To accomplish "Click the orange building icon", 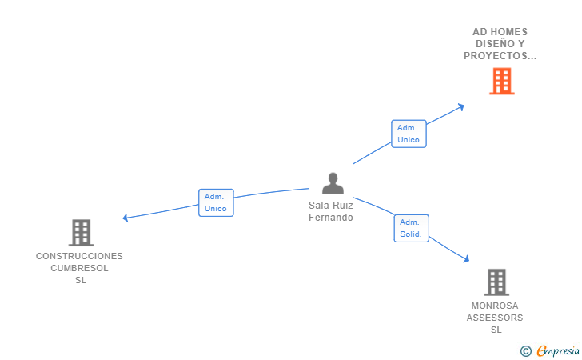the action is [502, 81].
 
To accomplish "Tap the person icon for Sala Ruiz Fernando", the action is [333, 183].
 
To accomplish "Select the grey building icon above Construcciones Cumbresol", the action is [81, 233].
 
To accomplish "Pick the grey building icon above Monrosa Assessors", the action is [496, 282].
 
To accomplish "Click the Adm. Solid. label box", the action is [411, 228].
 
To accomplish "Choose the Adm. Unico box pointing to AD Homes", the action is [409, 134].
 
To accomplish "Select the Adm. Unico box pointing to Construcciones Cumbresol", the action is [216, 202].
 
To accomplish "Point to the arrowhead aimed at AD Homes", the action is [461, 107].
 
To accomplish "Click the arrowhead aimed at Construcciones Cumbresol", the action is [126, 218].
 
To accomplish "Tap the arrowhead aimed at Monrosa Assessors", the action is [467, 258].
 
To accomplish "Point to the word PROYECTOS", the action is [495, 56].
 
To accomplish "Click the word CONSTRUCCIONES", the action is [79, 256].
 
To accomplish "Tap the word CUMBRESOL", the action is [79, 268].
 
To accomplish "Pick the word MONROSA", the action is [495, 306].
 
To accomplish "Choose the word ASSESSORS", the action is [495, 318].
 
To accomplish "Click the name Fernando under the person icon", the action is [331, 218].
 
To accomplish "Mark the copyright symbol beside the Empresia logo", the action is [525, 351].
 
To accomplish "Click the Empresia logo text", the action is [558, 350].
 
